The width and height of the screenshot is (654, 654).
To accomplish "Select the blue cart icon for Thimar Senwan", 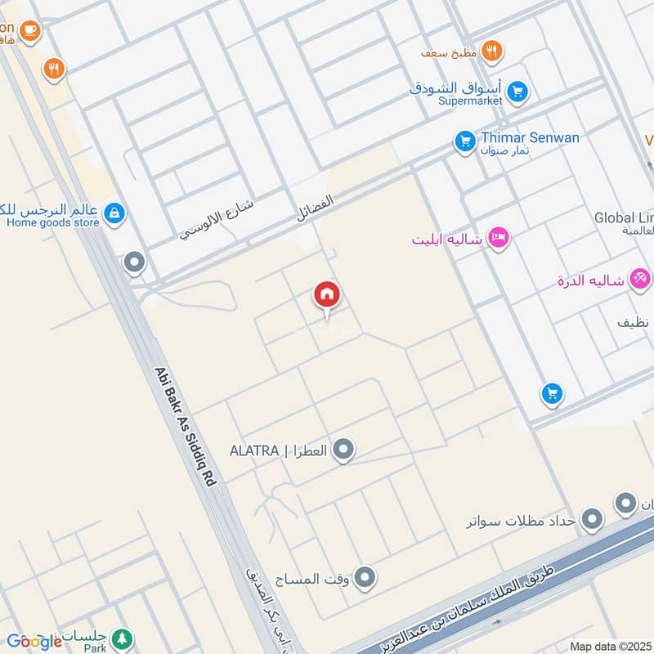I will [x=465, y=142].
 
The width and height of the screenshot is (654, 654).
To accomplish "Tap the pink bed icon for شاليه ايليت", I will [x=498, y=238].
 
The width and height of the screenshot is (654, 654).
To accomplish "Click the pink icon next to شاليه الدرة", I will [x=641, y=280].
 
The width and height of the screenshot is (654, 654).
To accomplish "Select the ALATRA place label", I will [x=256, y=450].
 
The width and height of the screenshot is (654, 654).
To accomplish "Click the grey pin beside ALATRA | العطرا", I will [x=344, y=450].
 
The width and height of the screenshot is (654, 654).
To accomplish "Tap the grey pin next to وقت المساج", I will [x=365, y=578].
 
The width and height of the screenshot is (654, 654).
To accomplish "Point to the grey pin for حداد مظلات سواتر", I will [x=592, y=519].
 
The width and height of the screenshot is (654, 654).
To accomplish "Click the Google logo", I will [x=34, y=641].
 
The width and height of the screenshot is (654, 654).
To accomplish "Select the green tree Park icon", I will [x=122, y=637].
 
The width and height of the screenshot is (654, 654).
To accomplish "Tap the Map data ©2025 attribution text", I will [x=611, y=646].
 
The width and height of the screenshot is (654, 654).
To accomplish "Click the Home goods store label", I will [x=52, y=222].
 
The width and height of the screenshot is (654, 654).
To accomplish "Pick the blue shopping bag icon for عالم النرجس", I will [x=114, y=214].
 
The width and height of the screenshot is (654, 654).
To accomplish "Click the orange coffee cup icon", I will [x=30, y=30].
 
